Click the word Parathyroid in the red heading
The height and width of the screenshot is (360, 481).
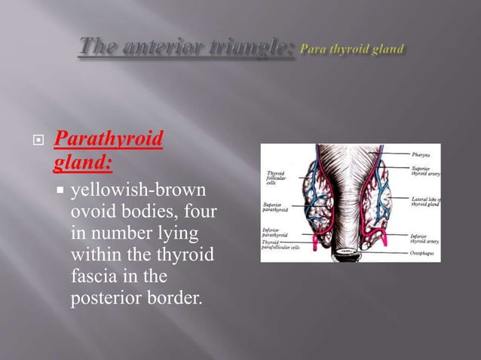coord(110,140)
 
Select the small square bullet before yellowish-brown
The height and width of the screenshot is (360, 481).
coord(61,185)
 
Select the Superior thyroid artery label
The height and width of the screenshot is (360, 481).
coord(425,169)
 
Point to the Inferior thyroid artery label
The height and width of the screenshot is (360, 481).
coord(425,238)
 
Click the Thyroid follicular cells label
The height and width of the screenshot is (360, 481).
coord(275,178)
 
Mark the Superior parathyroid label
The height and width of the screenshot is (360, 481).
coord(275,206)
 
